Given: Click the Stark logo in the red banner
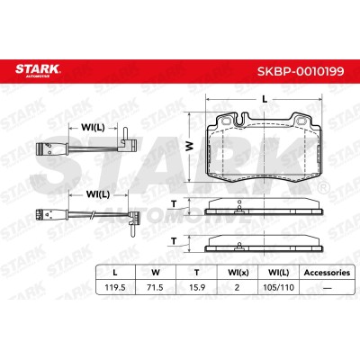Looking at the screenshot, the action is click(38, 69).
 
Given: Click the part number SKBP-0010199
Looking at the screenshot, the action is click(301, 71).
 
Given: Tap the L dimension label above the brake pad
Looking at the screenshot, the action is click(265, 99).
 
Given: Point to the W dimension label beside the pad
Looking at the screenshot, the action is click(190, 147).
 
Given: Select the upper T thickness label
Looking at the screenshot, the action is click(174, 204).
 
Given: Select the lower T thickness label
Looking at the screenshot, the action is click(174, 241).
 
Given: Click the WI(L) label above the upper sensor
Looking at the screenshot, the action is click(93, 128).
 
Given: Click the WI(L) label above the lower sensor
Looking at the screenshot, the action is click(98, 194).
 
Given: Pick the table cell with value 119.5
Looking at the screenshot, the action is click(115, 287).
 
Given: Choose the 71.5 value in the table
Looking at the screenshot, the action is click(156, 287).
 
